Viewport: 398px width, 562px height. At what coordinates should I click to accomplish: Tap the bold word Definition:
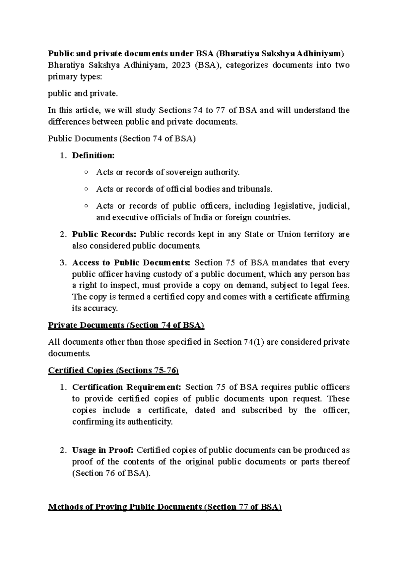click(93, 155)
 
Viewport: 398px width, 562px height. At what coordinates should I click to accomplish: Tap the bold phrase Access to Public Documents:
click(131, 263)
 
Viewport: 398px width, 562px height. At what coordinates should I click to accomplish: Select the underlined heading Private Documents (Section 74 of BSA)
click(126, 325)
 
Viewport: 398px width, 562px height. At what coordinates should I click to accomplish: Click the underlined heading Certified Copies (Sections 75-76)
click(113, 370)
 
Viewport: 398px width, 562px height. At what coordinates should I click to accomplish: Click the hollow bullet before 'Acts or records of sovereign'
click(86, 172)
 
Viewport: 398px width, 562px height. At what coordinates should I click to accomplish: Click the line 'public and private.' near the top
click(83, 93)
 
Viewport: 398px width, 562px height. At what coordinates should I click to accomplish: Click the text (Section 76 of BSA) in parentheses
click(111, 473)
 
